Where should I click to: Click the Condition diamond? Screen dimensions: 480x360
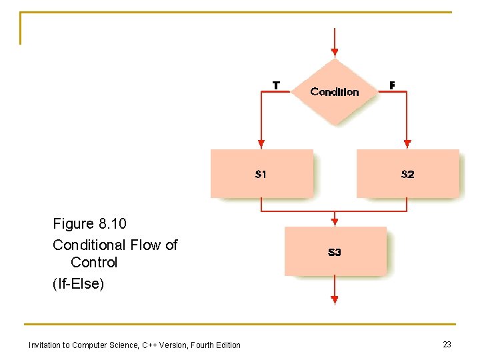(x=335, y=91)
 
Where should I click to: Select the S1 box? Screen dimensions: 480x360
(x=261, y=174)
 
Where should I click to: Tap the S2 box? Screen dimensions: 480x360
(x=407, y=174)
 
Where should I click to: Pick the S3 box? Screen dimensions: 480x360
(x=335, y=251)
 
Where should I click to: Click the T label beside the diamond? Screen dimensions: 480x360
(x=276, y=85)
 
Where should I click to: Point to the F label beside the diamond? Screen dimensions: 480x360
(x=392, y=85)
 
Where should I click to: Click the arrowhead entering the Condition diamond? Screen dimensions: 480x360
(x=335, y=52)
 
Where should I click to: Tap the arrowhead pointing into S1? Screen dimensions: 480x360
(x=261, y=143)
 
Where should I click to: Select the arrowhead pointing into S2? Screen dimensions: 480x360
(x=407, y=143)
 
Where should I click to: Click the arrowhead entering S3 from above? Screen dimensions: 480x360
(x=335, y=221)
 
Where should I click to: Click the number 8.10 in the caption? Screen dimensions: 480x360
(x=111, y=223)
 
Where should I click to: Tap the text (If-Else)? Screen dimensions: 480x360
(x=79, y=285)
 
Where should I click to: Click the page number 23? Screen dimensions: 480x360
(x=447, y=344)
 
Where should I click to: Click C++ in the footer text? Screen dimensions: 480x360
(x=151, y=345)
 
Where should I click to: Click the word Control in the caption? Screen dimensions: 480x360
(x=94, y=263)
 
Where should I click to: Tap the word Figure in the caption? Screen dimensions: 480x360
(x=73, y=223)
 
